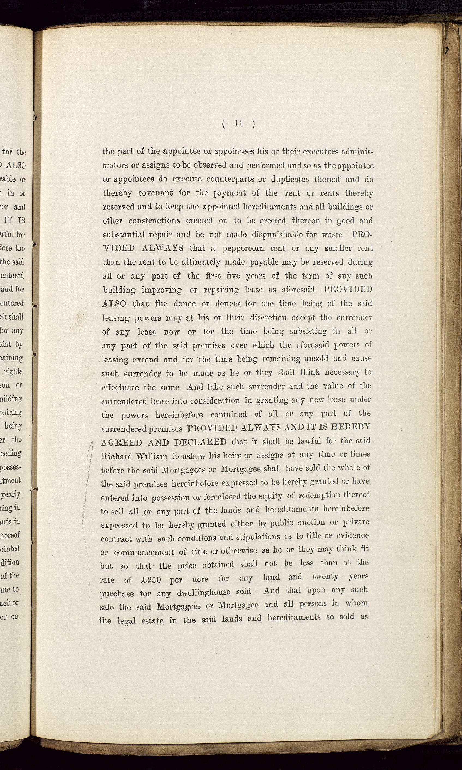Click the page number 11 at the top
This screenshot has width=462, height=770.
coord(238,124)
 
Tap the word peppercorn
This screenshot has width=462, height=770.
coord(244,249)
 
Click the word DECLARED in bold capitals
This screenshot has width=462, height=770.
coord(200,442)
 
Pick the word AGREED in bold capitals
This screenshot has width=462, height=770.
coord(122,443)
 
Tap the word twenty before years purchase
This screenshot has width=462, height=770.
coord(325,577)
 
